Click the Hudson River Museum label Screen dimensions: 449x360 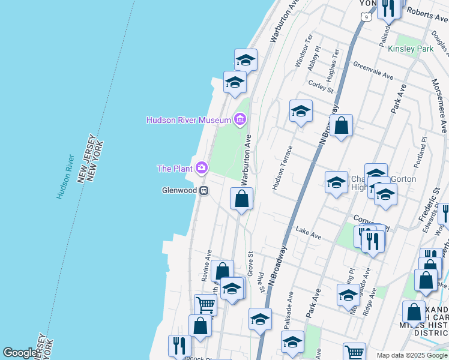coord(188,120)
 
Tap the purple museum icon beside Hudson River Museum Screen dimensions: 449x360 coord(240,120)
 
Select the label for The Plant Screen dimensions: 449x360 coord(175,169)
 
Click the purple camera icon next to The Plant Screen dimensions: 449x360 coord(202,169)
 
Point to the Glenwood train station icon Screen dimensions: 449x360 coord(204,190)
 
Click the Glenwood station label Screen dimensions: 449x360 coord(179,190)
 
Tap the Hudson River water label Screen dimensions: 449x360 coord(65,177)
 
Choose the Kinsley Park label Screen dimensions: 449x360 coord(411,49)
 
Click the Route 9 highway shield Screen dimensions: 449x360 coord(366,17)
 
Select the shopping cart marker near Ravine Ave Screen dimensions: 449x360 coord(205,304)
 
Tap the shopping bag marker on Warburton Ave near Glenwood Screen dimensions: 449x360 coord(241,199)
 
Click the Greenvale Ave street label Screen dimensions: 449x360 coord(373,70)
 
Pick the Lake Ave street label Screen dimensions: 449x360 coord(309,233)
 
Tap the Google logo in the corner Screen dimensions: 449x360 coord(20,353)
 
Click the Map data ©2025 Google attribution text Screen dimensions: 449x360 coord(412,355)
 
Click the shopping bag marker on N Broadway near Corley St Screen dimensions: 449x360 coord(341,126)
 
